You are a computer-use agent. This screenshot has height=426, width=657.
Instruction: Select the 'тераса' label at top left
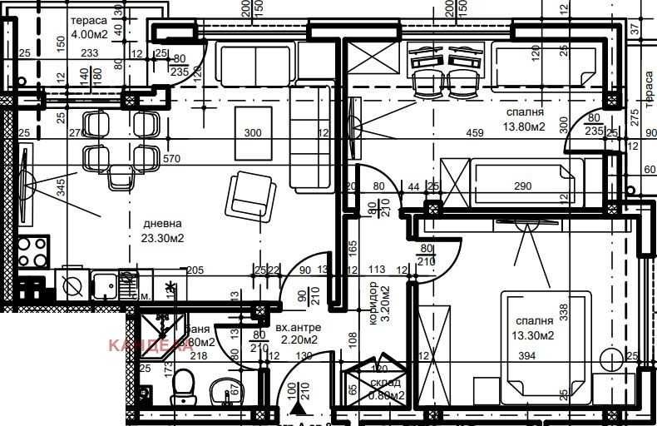click(87, 21)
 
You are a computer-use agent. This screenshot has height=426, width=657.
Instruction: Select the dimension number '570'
click(172, 159)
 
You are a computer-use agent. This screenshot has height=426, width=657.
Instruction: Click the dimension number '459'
click(475, 133)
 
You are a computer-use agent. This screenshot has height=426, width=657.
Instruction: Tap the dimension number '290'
click(522, 186)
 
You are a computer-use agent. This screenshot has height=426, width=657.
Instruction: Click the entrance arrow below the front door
click(296, 409)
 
